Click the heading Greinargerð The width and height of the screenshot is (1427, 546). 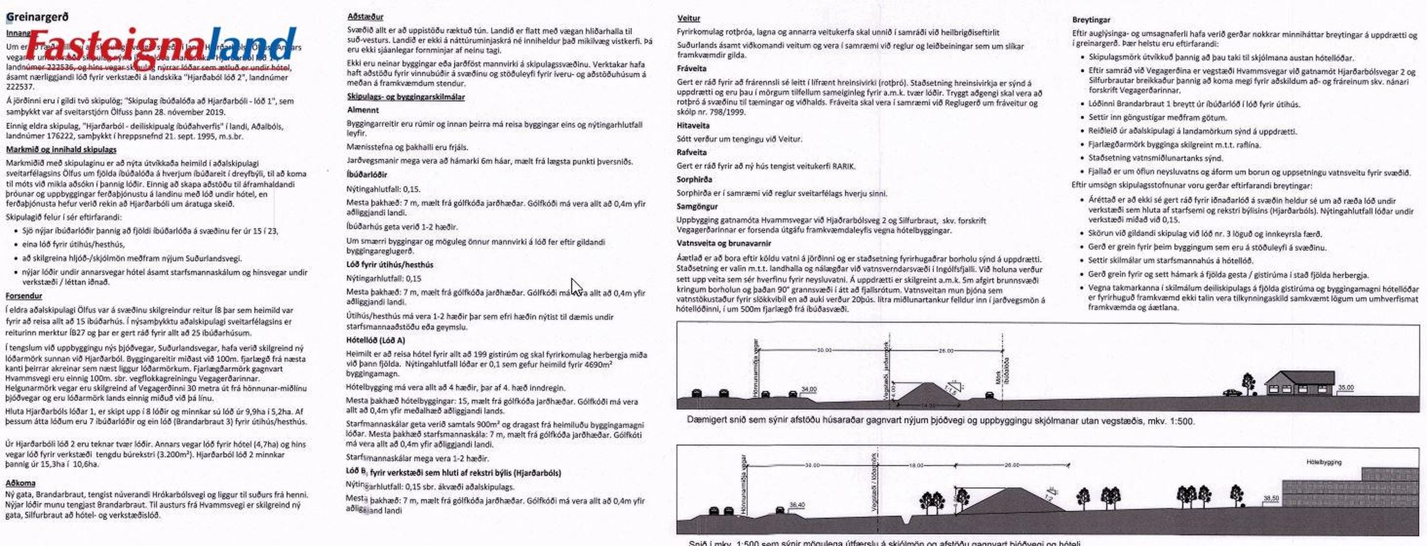[x=37, y=17]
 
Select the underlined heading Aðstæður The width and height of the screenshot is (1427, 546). [x=365, y=17]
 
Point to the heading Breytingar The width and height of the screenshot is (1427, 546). [x=1091, y=20]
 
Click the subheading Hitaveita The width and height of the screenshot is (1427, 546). [x=693, y=125]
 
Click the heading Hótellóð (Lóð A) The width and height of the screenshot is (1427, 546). [x=375, y=340]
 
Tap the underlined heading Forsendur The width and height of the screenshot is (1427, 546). [x=24, y=296]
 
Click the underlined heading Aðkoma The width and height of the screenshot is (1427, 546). [x=20, y=483]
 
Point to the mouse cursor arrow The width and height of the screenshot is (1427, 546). [x=576, y=287]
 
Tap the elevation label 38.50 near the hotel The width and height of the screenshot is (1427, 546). [x=1271, y=498]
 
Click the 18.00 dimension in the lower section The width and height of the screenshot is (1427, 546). [x=916, y=466]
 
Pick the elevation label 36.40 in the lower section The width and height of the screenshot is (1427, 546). [x=797, y=505]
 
